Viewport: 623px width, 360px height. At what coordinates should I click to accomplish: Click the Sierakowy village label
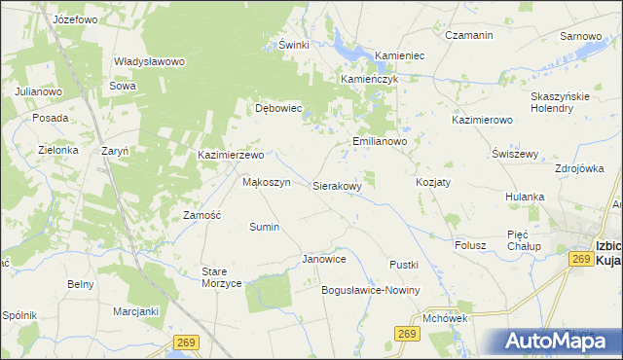(x=337, y=185)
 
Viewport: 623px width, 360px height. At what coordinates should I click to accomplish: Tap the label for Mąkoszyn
(x=266, y=182)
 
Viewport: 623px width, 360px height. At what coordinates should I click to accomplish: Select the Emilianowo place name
(x=379, y=141)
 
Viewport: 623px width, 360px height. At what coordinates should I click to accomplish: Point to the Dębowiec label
(x=279, y=108)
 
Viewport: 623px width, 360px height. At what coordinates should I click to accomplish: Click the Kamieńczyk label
(x=370, y=79)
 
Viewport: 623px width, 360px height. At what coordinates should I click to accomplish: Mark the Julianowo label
(x=39, y=91)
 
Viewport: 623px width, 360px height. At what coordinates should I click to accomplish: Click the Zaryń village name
(x=116, y=151)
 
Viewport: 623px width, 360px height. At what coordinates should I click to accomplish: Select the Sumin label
(x=264, y=227)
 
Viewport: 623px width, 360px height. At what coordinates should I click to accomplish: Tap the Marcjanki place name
(x=135, y=311)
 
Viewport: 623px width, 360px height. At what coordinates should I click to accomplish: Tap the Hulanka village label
(x=524, y=197)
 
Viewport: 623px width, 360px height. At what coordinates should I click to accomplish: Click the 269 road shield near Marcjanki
(x=187, y=342)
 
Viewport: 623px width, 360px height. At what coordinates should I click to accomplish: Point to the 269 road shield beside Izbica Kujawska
(x=581, y=259)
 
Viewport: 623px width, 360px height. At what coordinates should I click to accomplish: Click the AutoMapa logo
(x=555, y=341)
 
